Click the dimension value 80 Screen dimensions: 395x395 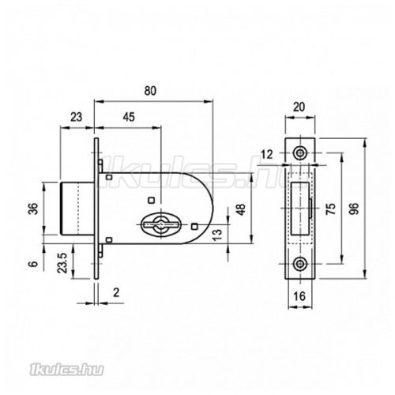click(x=150, y=91)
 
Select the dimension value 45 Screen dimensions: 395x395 click(x=129, y=117)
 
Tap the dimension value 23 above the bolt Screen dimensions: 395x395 click(x=76, y=117)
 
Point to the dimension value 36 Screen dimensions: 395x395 click(x=34, y=209)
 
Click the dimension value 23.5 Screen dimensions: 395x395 click(x=62, y=263)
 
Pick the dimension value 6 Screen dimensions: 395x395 click(x=33, y=264)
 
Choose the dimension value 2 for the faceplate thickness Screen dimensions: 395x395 click(x=116, y=292)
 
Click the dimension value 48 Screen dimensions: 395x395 click(x=241, y=209)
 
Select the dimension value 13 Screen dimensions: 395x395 click(x=217, y=235)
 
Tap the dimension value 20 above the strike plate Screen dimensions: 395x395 click(x=299, y=107)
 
